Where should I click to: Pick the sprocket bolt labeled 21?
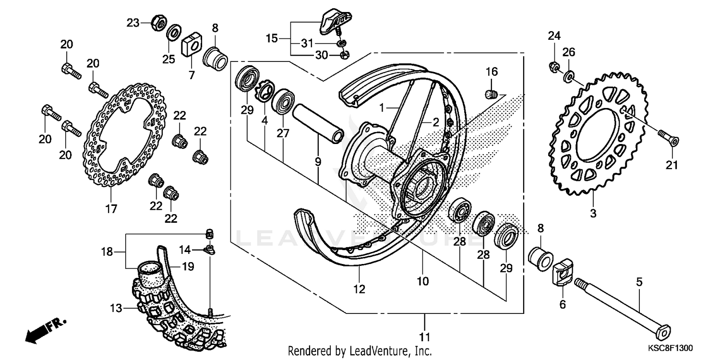pos(668,139)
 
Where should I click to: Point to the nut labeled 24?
pos(553,68)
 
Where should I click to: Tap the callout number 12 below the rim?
pos(359,289)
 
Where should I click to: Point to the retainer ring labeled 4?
pos(265,92)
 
